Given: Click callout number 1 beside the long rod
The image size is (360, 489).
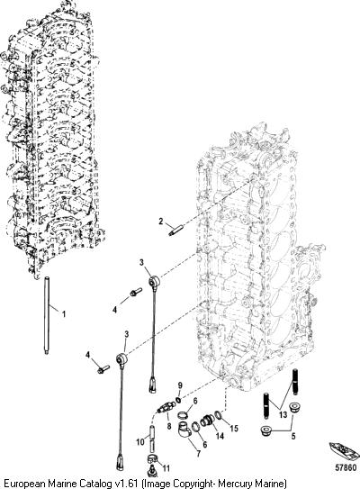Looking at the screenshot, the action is [x=64, y=313].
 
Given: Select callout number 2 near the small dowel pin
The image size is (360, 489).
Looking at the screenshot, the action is [x=161, y=222].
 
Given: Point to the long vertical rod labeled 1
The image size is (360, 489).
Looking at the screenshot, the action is [x=47, y=315].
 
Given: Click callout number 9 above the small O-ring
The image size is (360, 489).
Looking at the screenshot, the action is [x=179, y=385].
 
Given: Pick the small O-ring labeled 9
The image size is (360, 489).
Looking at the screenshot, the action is [x=177, y=400].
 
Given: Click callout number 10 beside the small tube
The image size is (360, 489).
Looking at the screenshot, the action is [x=140, y=441].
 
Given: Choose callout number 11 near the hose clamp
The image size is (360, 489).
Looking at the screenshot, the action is [x=166, y=468].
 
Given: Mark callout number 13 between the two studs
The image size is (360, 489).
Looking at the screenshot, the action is [x=283, y=415].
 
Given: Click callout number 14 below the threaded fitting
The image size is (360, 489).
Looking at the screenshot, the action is [x=220, y=436].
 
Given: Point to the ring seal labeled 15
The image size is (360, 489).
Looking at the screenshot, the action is [x=219, y=415].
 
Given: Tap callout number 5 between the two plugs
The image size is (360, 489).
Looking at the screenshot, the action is [x=293, y=436].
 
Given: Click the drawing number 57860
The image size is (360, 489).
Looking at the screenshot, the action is [x=346, y=468].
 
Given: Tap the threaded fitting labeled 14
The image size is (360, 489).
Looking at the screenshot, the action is [x=207, y=421].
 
